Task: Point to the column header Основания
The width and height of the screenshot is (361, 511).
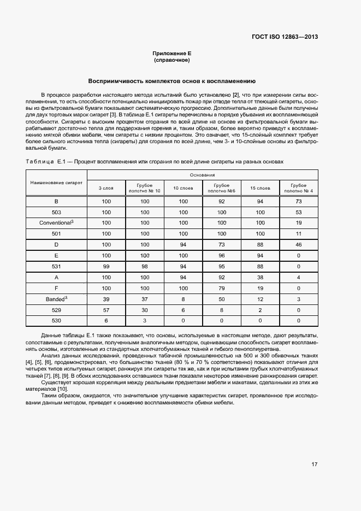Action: pyautogui.click(x=202, y=175)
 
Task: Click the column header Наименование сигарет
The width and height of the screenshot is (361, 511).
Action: pyautogui.click(x=56, y=183)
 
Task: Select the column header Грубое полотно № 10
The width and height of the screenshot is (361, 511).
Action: pyautogui.click(x=145, y=188)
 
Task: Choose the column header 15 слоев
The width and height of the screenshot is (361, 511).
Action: pyautogui.click(x=260, y=188)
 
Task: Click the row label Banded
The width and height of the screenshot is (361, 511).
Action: pyautogui.click(x=56, y=299)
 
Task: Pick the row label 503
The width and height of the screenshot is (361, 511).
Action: pyautogui.click(x=56, y=212)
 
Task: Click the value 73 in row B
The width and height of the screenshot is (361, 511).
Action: pyautogui.click(x=299, y=201)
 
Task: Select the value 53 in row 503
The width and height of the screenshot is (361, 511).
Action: pyautogui.click(x=299, y=212)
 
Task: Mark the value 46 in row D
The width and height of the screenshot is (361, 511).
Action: pyautogui.click(x=299, y=245)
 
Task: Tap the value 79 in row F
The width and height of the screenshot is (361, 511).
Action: pyautogui.click(x=221, y=288)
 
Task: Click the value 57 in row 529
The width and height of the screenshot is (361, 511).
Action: pyautogui.click(x=106, y=310)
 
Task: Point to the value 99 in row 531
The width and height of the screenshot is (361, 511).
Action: pyautogui.click(x=106, y=267)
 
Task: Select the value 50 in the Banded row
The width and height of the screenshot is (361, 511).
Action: pyautogui.click(x=221, y=299)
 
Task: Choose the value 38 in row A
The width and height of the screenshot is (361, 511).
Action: pyautogui.click(x=260, y=278)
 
